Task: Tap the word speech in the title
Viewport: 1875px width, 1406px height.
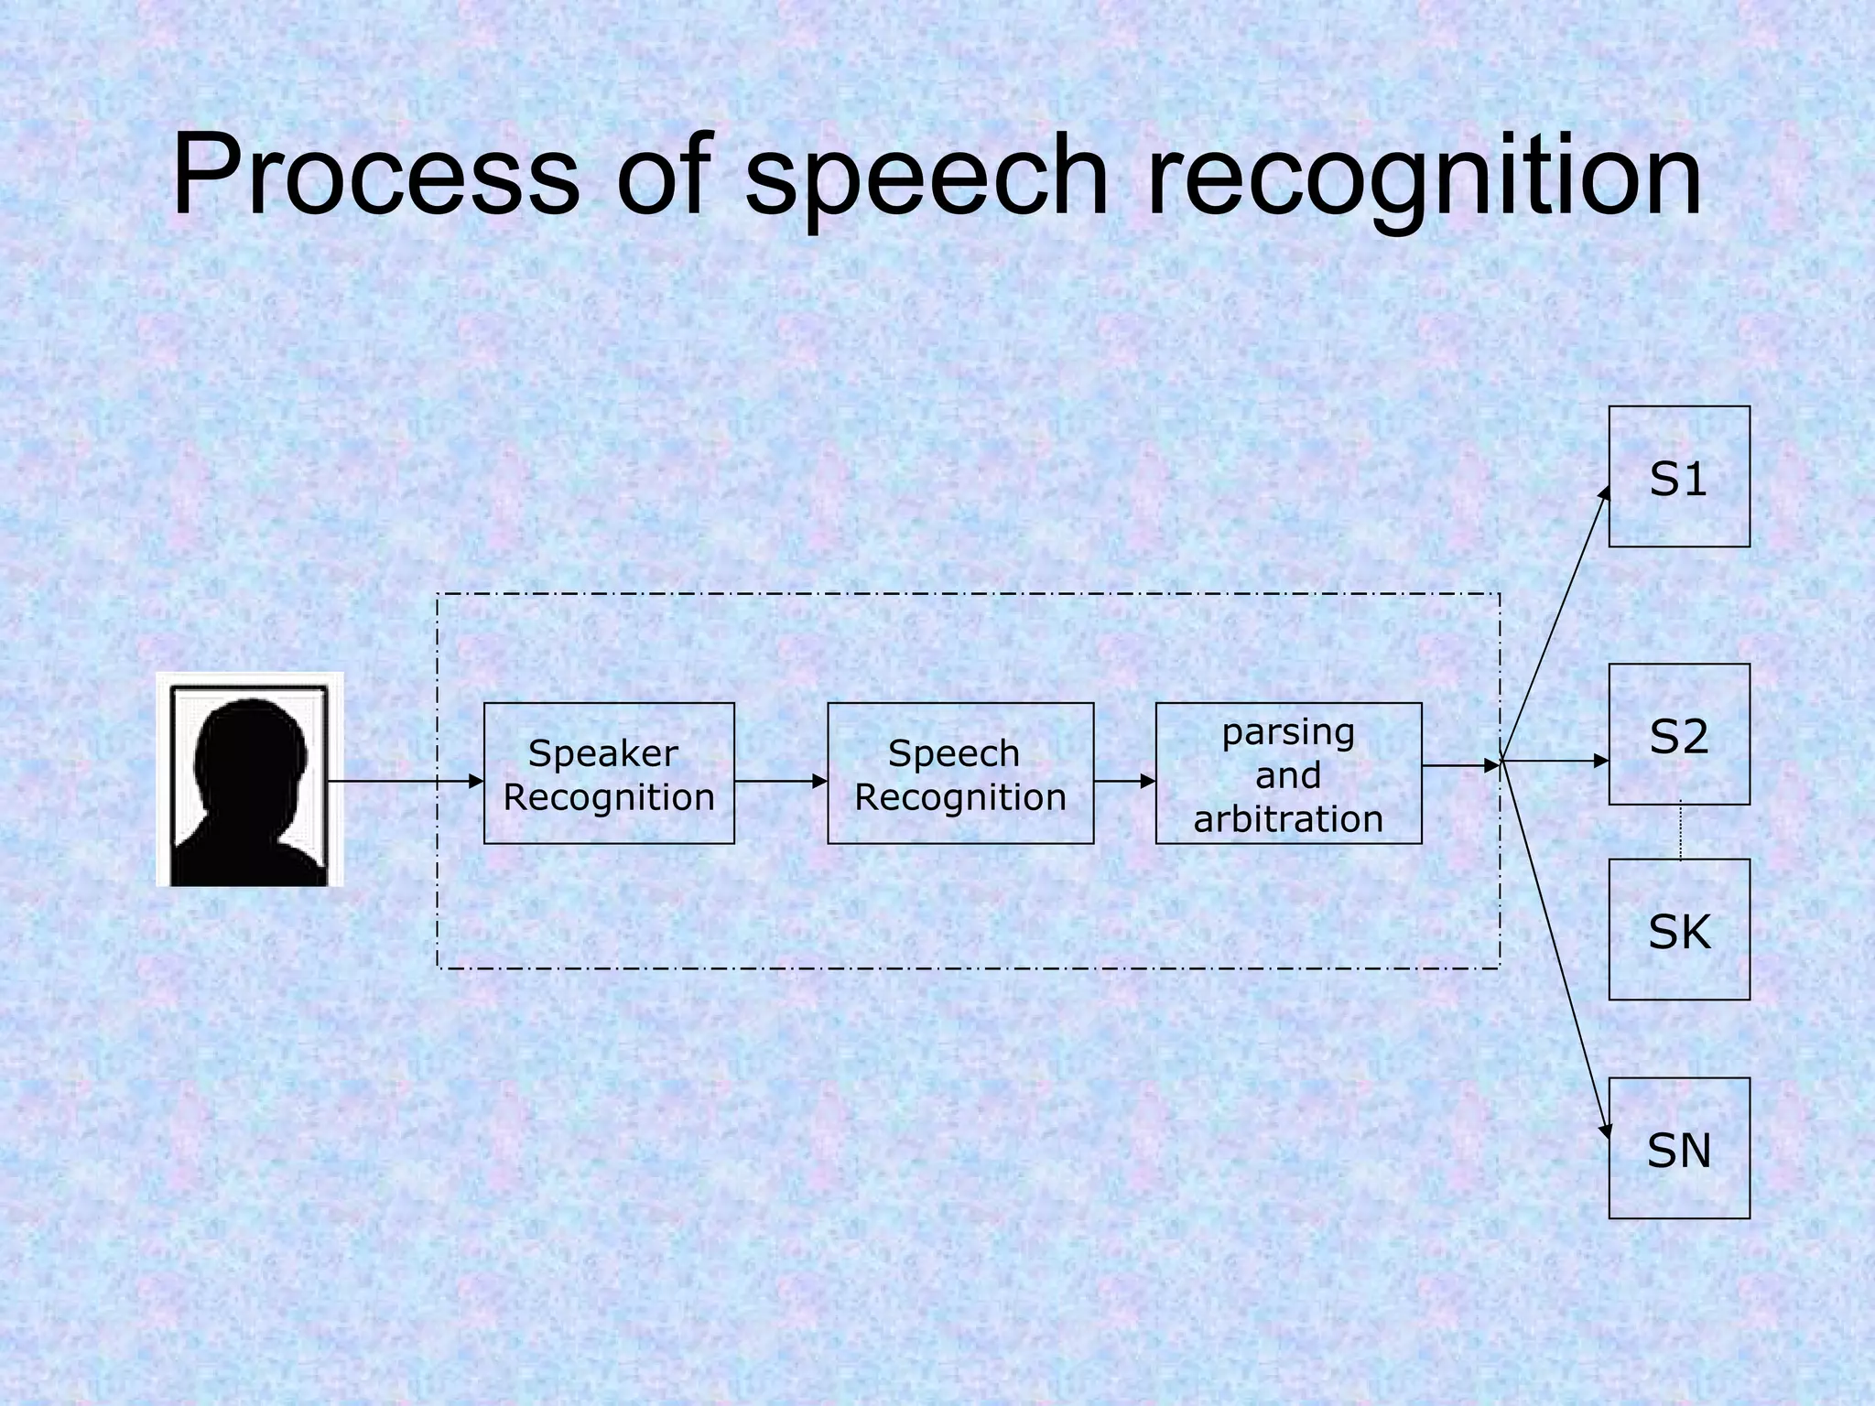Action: [927, 178]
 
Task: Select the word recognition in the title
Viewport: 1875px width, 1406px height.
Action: [1424, 178]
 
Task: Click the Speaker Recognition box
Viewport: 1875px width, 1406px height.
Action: [609, 773]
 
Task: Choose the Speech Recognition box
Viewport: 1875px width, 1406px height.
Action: [960, 773]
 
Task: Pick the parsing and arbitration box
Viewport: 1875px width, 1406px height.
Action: [1288, 773]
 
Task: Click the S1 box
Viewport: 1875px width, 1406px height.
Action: [1679, 477]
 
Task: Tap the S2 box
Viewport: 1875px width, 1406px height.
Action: [1679, 734]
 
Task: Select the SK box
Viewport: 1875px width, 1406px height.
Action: [1679, 929]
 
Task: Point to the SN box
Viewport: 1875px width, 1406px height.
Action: [1679, 1148]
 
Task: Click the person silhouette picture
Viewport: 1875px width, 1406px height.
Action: [250, 780]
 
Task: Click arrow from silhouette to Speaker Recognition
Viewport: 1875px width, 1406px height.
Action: [403, 781]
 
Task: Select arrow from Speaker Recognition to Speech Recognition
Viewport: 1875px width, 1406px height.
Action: [780, 781]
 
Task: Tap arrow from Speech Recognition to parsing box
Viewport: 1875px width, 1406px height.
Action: [1124, 781]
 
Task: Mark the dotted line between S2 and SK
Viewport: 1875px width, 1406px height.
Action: [1680, 831]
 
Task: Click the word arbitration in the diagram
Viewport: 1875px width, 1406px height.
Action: [1288, 818]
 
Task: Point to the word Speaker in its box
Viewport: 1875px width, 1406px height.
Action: [603, 753]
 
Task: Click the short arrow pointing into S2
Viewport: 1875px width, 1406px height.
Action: [1556, 761]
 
